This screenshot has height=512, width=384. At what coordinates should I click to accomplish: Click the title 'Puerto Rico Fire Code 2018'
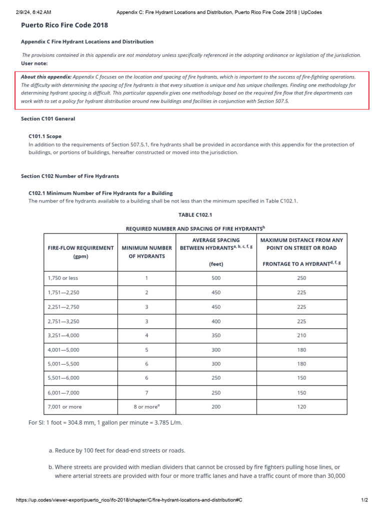click(x=64, y=25)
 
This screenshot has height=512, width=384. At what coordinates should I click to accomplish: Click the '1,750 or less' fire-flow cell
click(x=63, y=278)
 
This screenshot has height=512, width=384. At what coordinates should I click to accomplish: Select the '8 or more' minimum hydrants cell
click(x=146, y=407)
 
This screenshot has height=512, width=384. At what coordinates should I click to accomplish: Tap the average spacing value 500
click(x=216, y=278)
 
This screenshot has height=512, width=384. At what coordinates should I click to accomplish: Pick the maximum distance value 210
click(x=301, y=335)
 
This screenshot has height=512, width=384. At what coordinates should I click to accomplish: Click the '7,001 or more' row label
click(x=64, y=407)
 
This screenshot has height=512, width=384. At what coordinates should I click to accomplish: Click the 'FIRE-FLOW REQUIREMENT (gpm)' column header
click(x=80, y=252)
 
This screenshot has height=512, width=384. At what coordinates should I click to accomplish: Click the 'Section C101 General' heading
click(x=48, y=119)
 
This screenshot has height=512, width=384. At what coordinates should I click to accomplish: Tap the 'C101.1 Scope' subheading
click(x=45, y=136)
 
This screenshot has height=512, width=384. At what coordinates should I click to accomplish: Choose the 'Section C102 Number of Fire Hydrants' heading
click(x=70, y=176)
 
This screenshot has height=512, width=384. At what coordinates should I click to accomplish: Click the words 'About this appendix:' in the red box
click(x=46, y=77)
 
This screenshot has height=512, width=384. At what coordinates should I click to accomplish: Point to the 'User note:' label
click(x=34, y=63)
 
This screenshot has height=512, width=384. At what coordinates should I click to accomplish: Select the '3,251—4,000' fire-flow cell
click(x=63, y=335)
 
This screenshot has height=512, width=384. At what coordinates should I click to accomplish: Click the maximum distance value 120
click(x=301, y=407)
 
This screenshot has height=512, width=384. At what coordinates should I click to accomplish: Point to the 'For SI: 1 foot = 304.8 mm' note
click(x=105, y=423)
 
